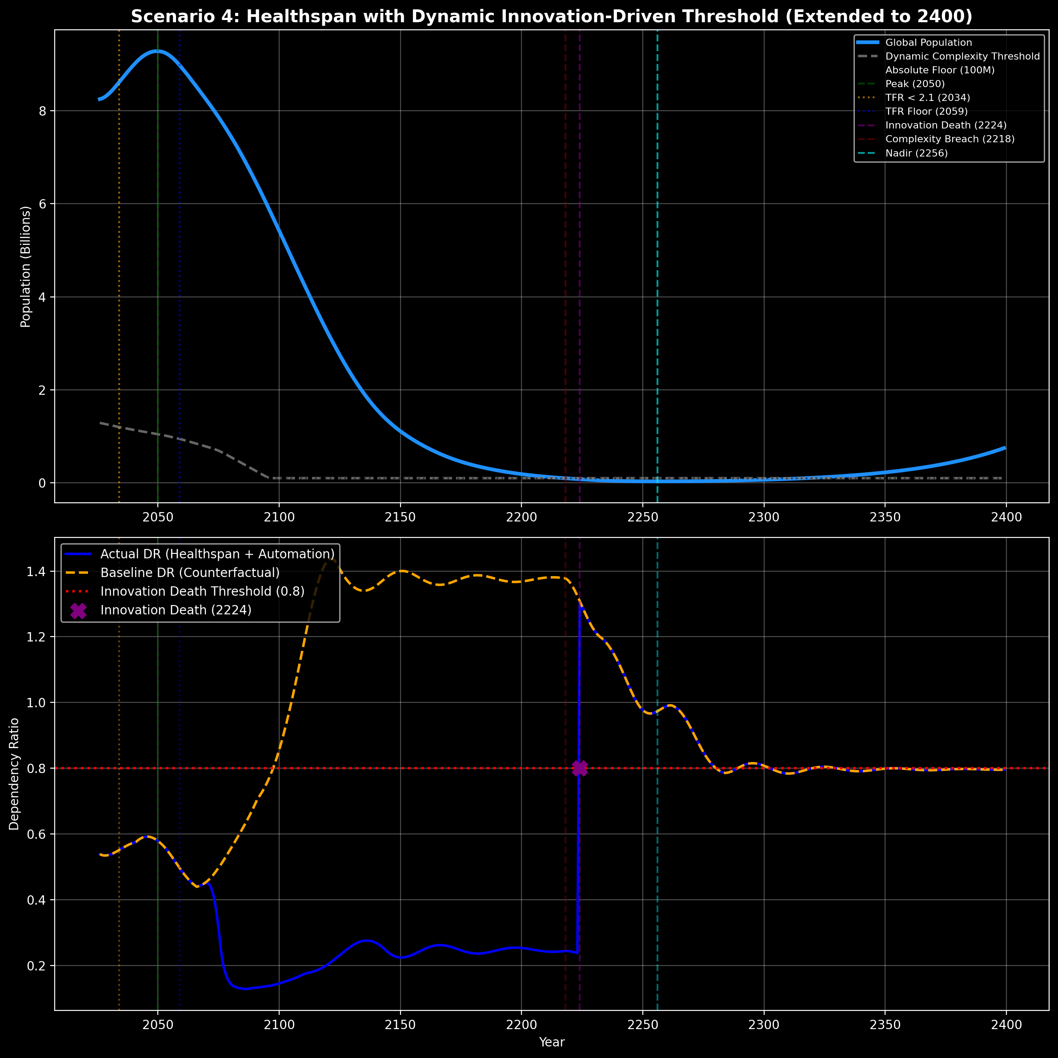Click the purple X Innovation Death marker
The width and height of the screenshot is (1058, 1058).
point(579,768)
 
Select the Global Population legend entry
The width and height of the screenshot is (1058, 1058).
point(928,43)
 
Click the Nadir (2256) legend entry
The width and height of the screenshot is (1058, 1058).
point(916,153)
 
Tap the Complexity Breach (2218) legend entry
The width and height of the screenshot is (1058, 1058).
point(950,139)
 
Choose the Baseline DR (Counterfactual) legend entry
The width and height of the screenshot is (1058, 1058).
point(189,573)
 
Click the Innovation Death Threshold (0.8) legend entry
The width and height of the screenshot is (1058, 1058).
point(202,591)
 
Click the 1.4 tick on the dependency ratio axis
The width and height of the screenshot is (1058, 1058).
point(37,572)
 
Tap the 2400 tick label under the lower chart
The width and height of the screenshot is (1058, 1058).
point(1006,1025)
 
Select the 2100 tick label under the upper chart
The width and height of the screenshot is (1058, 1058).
point(279,517)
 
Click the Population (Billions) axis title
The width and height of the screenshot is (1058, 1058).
point(25,267)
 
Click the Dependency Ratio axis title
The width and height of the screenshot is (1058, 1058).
point(14,774)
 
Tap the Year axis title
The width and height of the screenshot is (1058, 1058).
point(552,1042)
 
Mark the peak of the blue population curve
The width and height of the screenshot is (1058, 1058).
point(158,51)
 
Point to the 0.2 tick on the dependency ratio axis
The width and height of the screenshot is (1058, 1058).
point(37,966)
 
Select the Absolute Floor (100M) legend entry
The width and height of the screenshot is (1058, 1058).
point(940,70)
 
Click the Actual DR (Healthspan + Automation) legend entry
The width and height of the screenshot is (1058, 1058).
point(217,554)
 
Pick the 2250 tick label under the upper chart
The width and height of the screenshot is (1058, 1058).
point(642,517)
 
